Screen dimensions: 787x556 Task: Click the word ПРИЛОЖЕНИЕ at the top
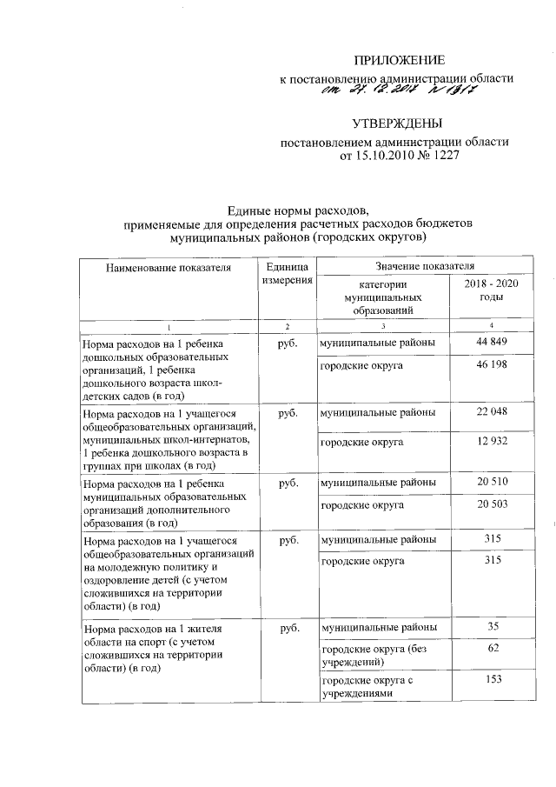click(399, 60)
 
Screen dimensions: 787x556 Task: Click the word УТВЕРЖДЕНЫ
click(399, 123)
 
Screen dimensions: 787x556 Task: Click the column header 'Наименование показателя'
click(169, 268)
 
